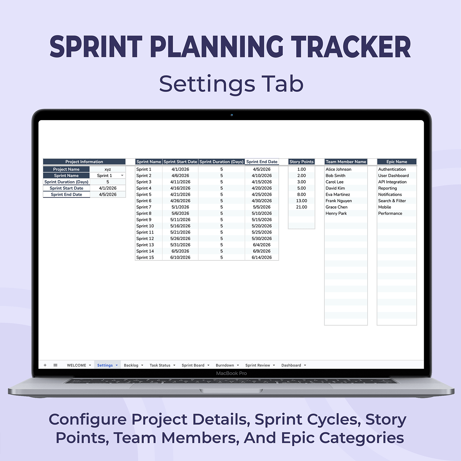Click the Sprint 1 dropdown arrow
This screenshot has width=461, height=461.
tap(122, 175)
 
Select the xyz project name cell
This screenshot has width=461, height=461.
tap(108, 169)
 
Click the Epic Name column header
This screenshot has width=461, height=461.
tap(397, 162)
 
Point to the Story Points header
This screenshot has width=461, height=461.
tap(301, 162)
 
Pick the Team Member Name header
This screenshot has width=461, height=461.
tap(346, 162)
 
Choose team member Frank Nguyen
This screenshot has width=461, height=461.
tap(339, 201)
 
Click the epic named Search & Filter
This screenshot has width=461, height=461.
tap(392, 201)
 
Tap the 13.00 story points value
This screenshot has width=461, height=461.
tap(301, 201)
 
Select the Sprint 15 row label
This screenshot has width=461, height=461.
tap(145, 258)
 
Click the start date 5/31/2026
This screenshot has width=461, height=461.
tap(180, 245)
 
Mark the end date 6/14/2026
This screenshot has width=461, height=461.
tap(262, 258)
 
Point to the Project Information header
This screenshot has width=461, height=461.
tap(84, 162)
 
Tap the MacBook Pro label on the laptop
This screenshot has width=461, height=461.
tap(231, 373)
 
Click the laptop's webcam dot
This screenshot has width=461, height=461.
tap(232, 115)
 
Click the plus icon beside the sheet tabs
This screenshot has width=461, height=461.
tap(45, 365)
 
